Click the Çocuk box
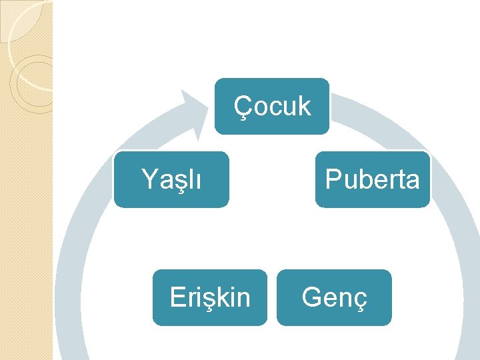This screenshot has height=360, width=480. (272, 107)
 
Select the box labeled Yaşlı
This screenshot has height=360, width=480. (171, 179)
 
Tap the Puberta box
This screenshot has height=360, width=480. (373, 179)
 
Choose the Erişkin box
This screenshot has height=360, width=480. (210, 297)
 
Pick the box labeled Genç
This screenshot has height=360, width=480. (334, 297)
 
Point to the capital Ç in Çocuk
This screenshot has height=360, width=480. (242, 107)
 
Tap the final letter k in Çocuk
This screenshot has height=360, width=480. (304, 106)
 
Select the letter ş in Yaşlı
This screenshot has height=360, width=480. (178, 181)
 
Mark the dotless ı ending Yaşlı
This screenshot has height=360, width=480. (197, 180)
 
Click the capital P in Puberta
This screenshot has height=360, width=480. (331, 179)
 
